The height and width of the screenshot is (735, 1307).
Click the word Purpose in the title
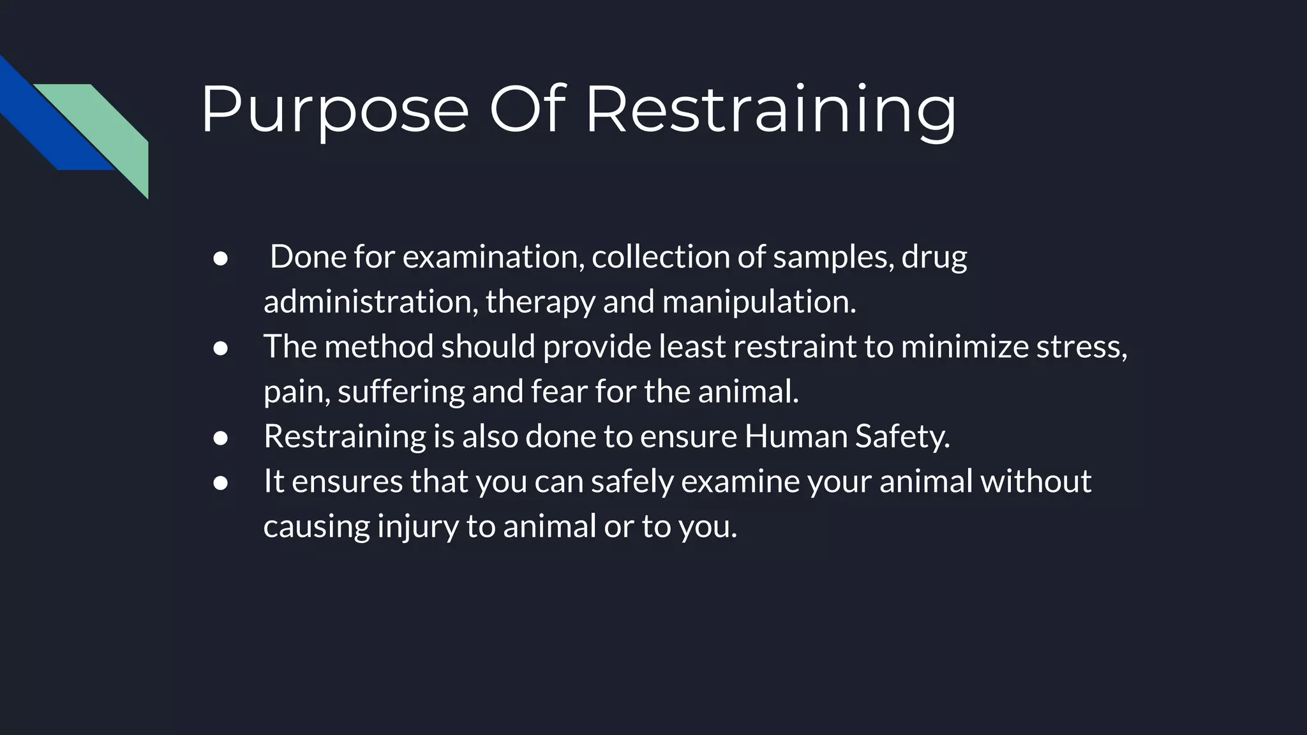[335, 110]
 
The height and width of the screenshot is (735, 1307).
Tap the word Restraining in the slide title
[770, 110]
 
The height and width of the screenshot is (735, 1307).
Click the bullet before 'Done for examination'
[221, 258]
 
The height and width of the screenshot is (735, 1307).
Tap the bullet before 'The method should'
[221, 348]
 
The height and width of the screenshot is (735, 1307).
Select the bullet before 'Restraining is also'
[221, 438]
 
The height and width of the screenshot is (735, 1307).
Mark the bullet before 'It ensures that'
[221, 483]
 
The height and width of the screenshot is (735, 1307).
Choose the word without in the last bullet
[1036, 481]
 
